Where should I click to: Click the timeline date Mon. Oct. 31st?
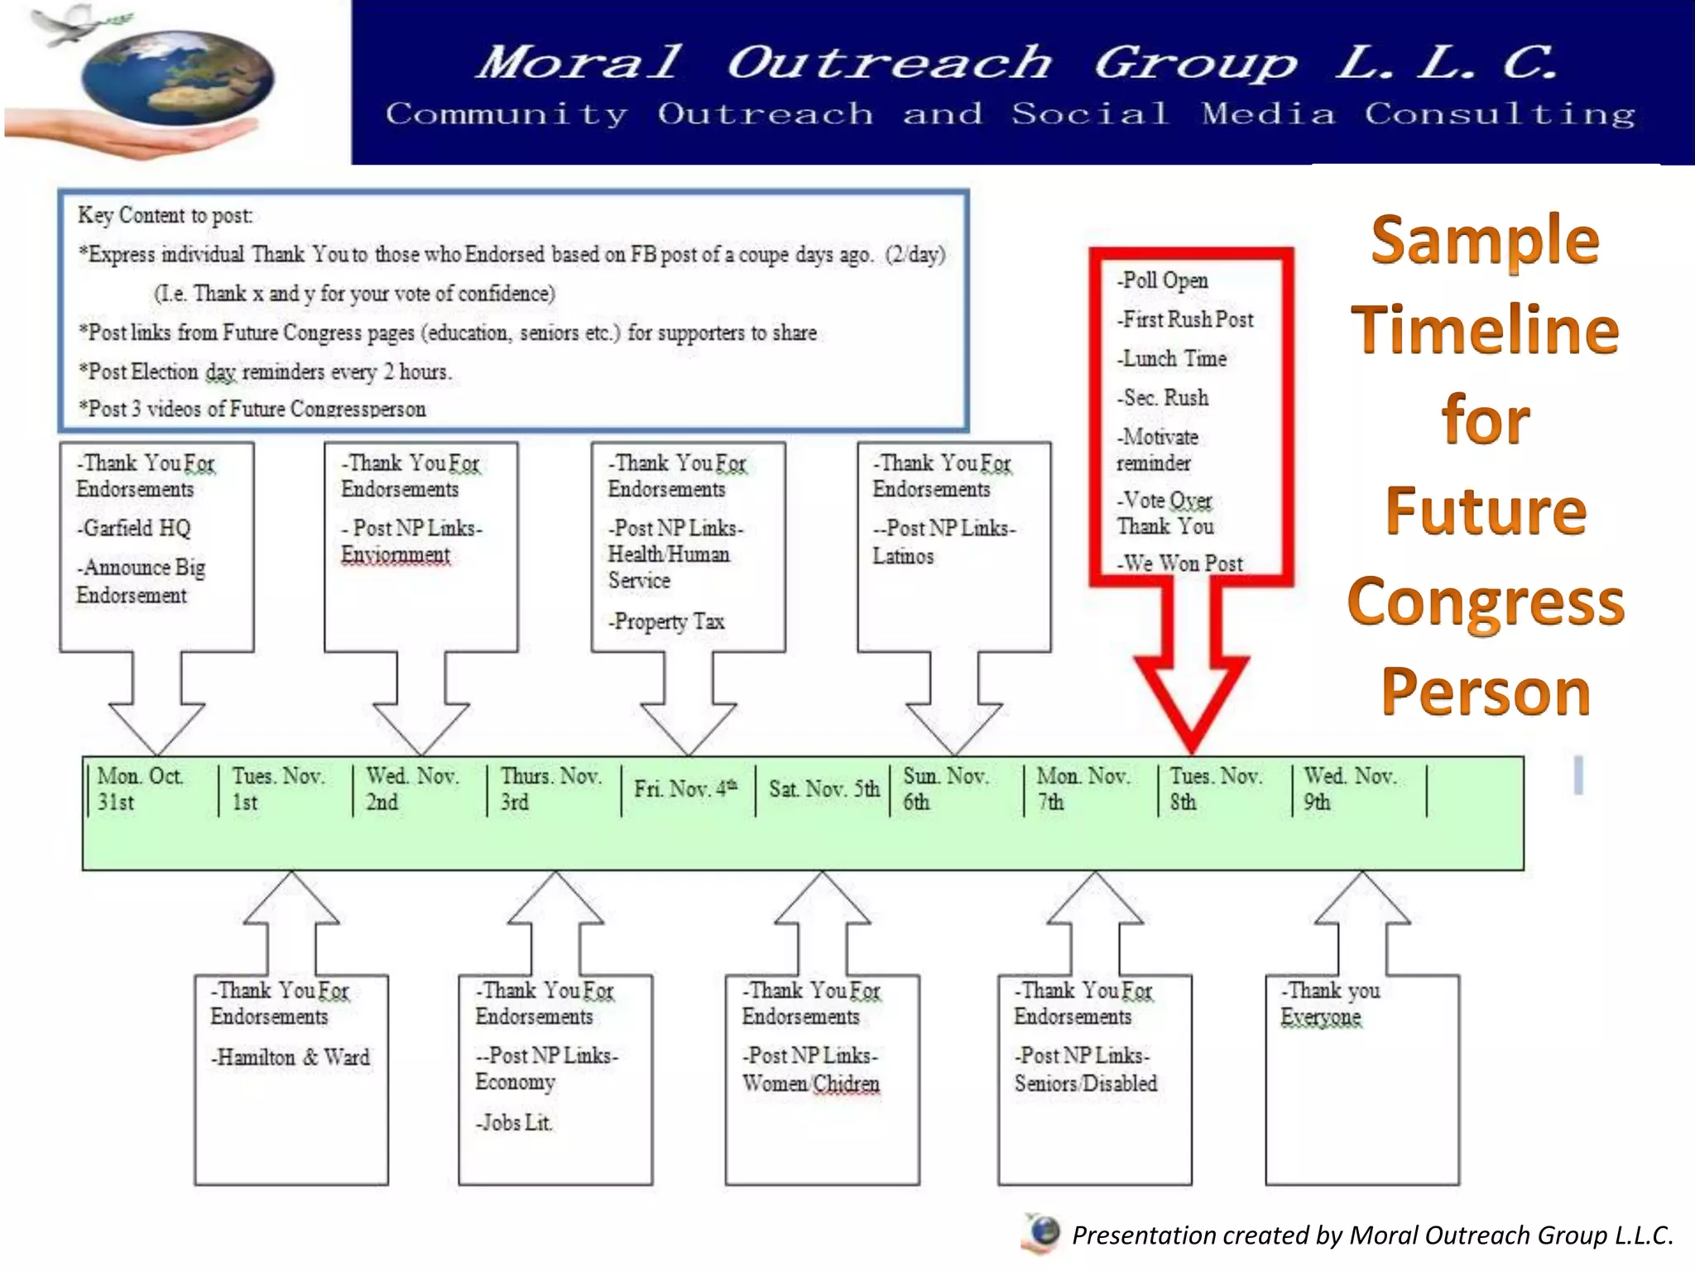tap(139, 789)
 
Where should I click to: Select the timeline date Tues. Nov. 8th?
tap(1214, 789)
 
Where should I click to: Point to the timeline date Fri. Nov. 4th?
tap(684, 789)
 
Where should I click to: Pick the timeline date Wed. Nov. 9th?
tap(1349, 789)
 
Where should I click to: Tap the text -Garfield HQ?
tap(134, 528)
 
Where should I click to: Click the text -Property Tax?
tap(666, 621)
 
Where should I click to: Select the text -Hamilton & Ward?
tap(290, 1058)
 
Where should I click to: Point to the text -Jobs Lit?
tap(513, 1123)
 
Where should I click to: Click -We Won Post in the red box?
tap(1180, 564)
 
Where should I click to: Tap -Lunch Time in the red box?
tap(1172, 358)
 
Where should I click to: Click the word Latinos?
tap(903, 556)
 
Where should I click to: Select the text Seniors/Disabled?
tap(1085, 1084)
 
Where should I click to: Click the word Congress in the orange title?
tap(1486, 602)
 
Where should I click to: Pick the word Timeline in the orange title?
tap(1485, 329)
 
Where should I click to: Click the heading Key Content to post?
tap(166, 216)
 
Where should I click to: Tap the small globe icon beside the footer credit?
tap(1044, 1233)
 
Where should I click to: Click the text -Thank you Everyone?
tap(1329, 1004)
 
